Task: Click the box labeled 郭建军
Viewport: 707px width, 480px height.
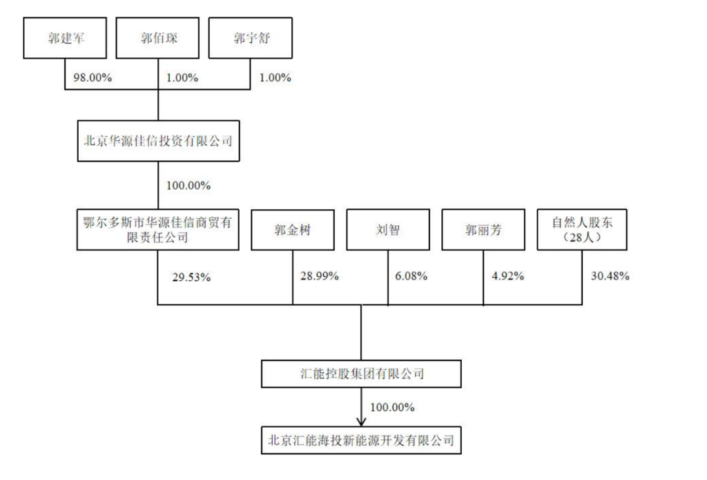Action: tap(65, 38)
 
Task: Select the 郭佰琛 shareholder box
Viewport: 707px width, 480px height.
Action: tap(158, 38)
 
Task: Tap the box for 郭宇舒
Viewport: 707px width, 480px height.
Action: tap(250, 38)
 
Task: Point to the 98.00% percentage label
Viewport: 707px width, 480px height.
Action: tap(93, 77)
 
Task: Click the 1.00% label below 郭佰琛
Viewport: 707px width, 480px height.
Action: tap(182, 77)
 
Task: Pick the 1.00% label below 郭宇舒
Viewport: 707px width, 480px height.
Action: tap(275, 77)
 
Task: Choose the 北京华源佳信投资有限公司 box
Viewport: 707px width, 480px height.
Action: tap(158, 141)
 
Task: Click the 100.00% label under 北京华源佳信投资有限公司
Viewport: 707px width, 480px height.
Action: tap(188, 185)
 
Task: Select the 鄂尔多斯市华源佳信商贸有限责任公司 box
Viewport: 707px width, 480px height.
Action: tap(158, 229)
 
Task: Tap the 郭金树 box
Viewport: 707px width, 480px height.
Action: tap(293, 229)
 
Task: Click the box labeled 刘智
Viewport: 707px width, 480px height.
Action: tap(388, 229)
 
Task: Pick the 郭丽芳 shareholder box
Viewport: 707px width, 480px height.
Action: tap(483, 229)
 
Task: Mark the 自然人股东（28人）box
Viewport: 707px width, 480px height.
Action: tap(582, 229)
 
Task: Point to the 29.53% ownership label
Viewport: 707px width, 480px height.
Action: tap(191, 277)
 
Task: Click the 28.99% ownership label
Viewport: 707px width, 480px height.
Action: tap(320, 276)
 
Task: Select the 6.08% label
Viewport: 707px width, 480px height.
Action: tap(411, 276)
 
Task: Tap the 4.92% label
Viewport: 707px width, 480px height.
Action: tap(507, 276)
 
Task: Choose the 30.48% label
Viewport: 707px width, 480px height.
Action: tap(610, 276)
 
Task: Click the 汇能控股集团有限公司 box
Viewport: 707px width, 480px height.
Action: tap(361, 374)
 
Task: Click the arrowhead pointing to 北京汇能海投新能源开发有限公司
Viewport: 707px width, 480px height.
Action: tap(361, 422)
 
